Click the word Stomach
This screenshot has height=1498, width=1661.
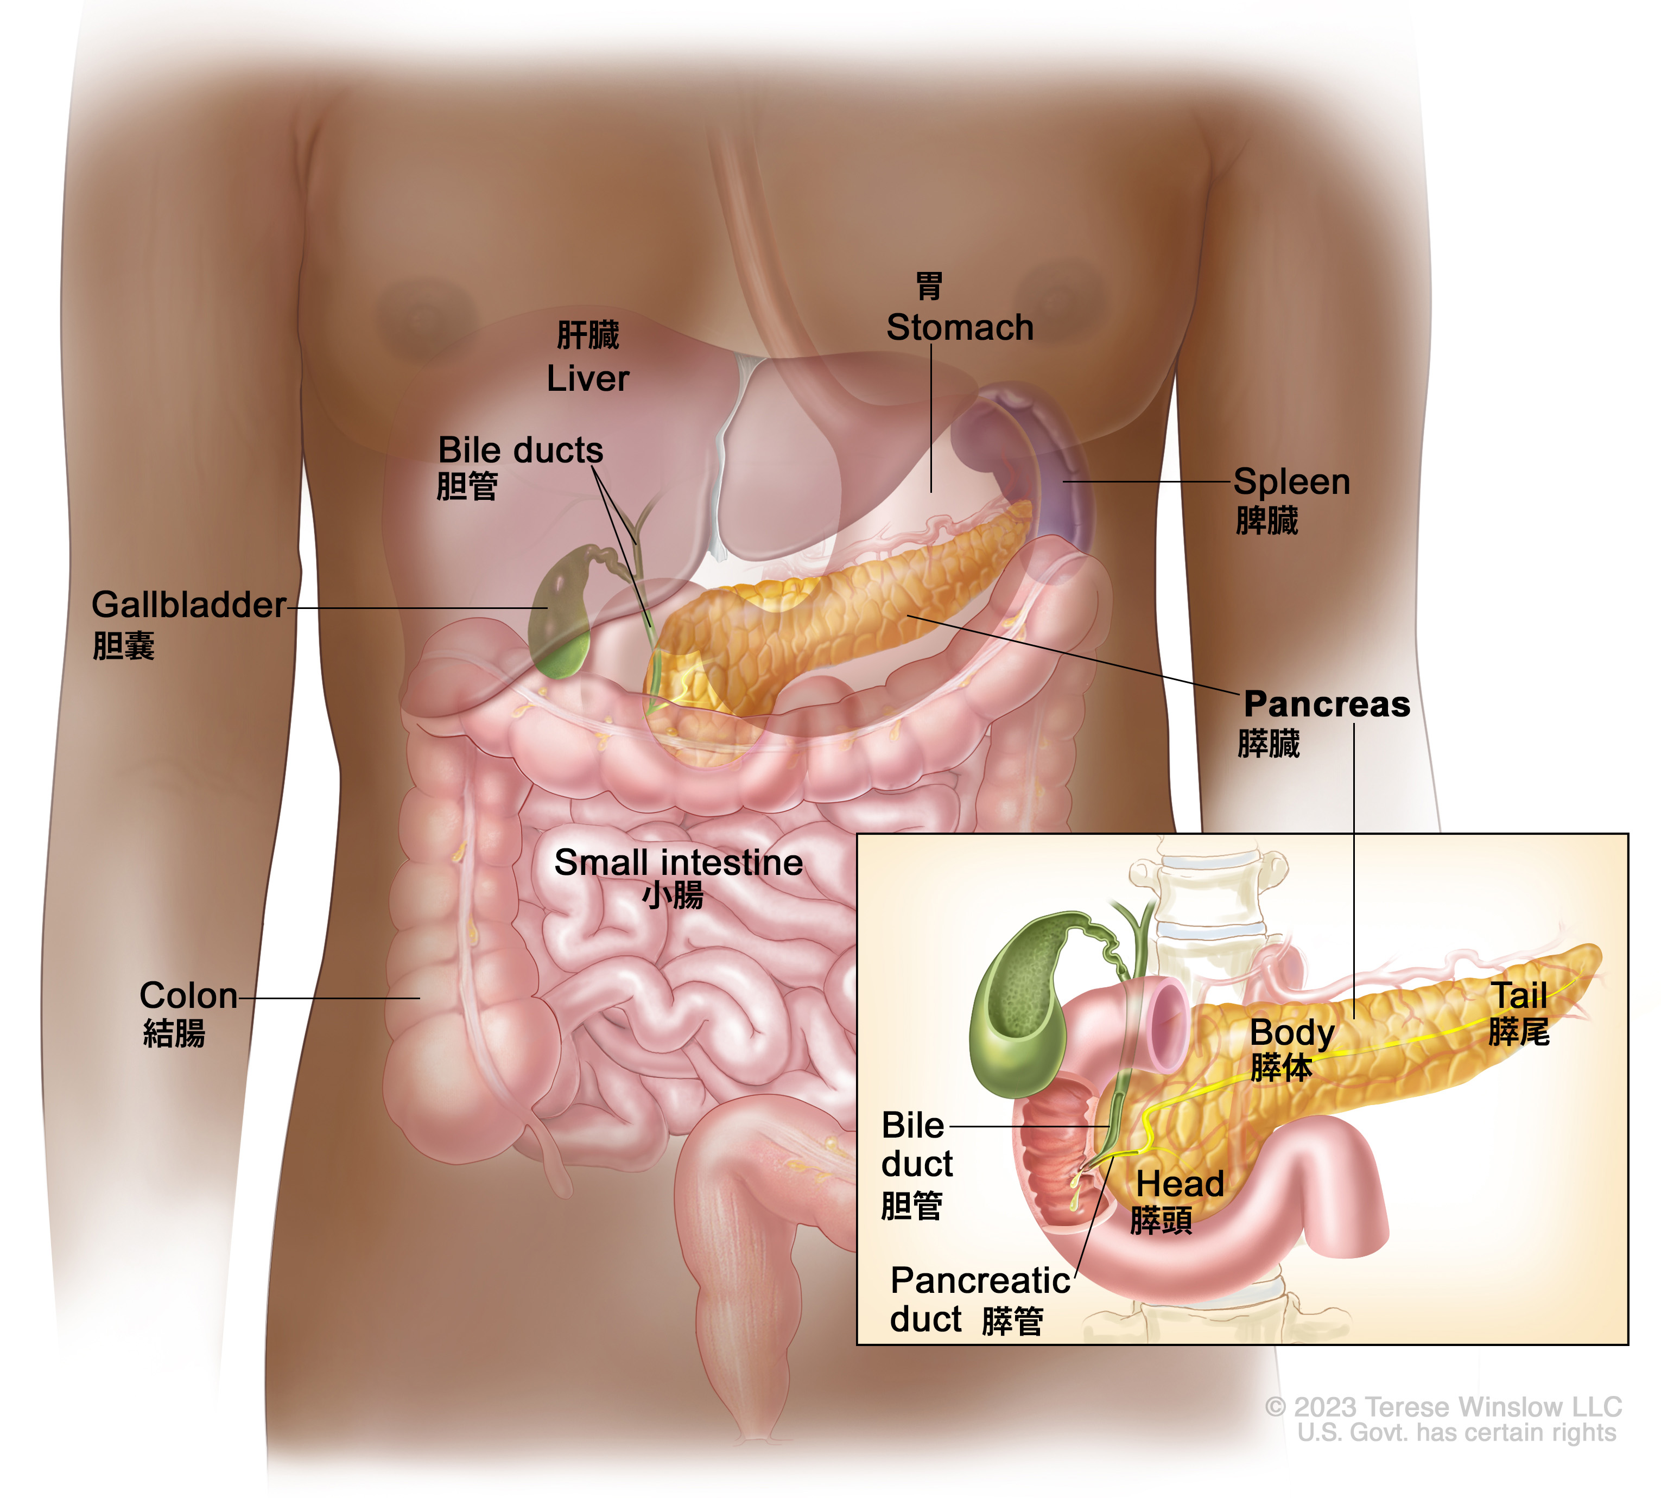click(960, 328)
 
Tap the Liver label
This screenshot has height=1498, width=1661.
click(588, 379)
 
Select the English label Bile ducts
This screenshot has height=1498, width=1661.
click(520, 450)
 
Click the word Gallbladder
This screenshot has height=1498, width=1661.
click(188, 605)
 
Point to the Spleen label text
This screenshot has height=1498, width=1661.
click(1291, 483)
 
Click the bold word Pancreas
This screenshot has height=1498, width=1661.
click(1326, 704)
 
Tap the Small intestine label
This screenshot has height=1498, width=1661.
click(678, 862)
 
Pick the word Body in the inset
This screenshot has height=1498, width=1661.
click(1291, 1034)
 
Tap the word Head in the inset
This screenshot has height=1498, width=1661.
click(1180, 1184)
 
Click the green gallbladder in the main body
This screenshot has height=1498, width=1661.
click(560, 617)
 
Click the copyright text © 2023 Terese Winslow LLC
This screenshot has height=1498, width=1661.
click(1443, 1407)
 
